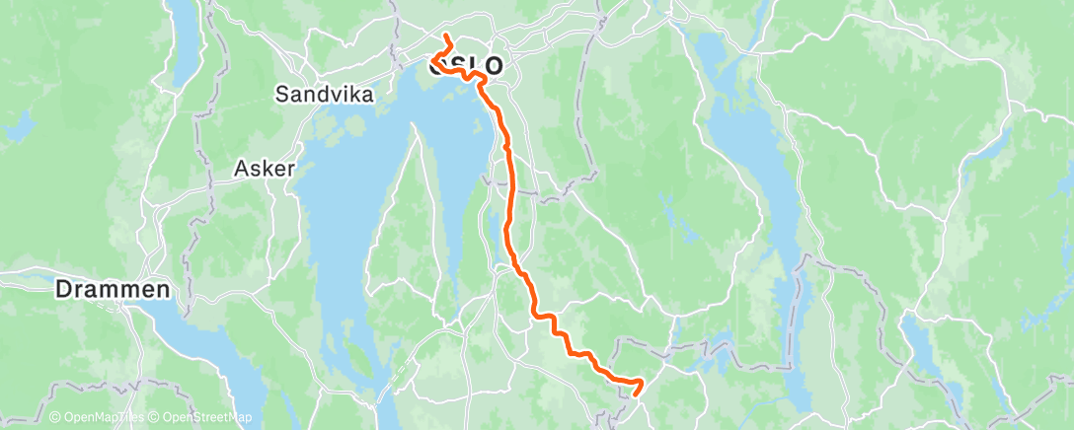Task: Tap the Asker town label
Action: click(x=265, y=169)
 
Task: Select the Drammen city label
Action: click(x=112, y=291)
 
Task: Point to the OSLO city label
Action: click(x=466, y=66)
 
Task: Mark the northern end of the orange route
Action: click(x=445, y=37)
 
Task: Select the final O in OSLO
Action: click(x=491, y=66)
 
